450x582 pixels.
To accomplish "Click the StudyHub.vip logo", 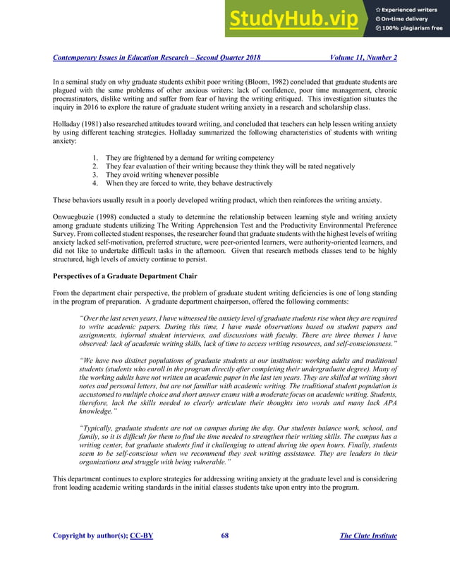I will tap(297, 18).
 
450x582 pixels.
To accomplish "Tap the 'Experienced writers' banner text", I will tap(412, 8).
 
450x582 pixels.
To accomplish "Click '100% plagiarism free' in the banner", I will tap(413, 28).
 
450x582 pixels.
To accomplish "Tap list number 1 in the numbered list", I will tap(95, 158).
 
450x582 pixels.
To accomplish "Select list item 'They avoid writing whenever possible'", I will tap(162, 175).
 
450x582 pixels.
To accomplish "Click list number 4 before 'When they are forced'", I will tap(95, 183).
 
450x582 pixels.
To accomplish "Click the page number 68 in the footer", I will tap(224, 535).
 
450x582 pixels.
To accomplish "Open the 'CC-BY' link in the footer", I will tap(142, 535).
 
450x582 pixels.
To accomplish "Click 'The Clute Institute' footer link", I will tap(368, 535).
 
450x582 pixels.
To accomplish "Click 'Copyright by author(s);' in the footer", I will tap(90, 535).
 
